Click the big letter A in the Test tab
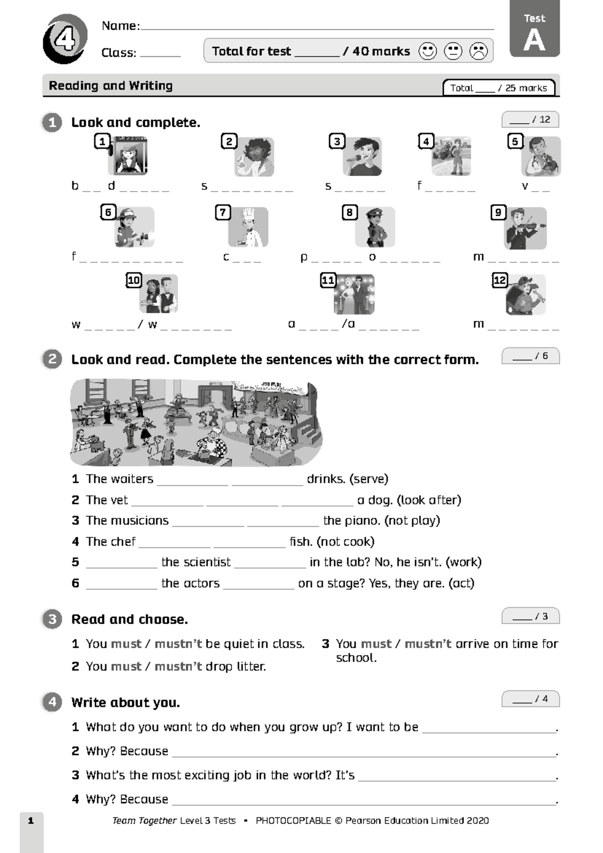coord(534,40)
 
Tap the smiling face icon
coord(428,51)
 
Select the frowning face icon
coord(478,51)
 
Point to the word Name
coord(120,26)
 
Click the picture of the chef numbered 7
coord(248,227)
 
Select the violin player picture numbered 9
coord(525,228)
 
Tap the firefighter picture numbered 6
coord(134,227)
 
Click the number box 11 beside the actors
coord(328,280)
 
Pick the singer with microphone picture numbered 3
coord(362,156)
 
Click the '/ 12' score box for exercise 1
coord(530,120)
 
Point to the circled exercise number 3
coord(52,619)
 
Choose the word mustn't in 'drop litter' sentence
coord(178,666)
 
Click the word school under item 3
coord(356,658)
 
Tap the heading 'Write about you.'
coord(126,703)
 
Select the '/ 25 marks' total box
coord(499,88)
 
